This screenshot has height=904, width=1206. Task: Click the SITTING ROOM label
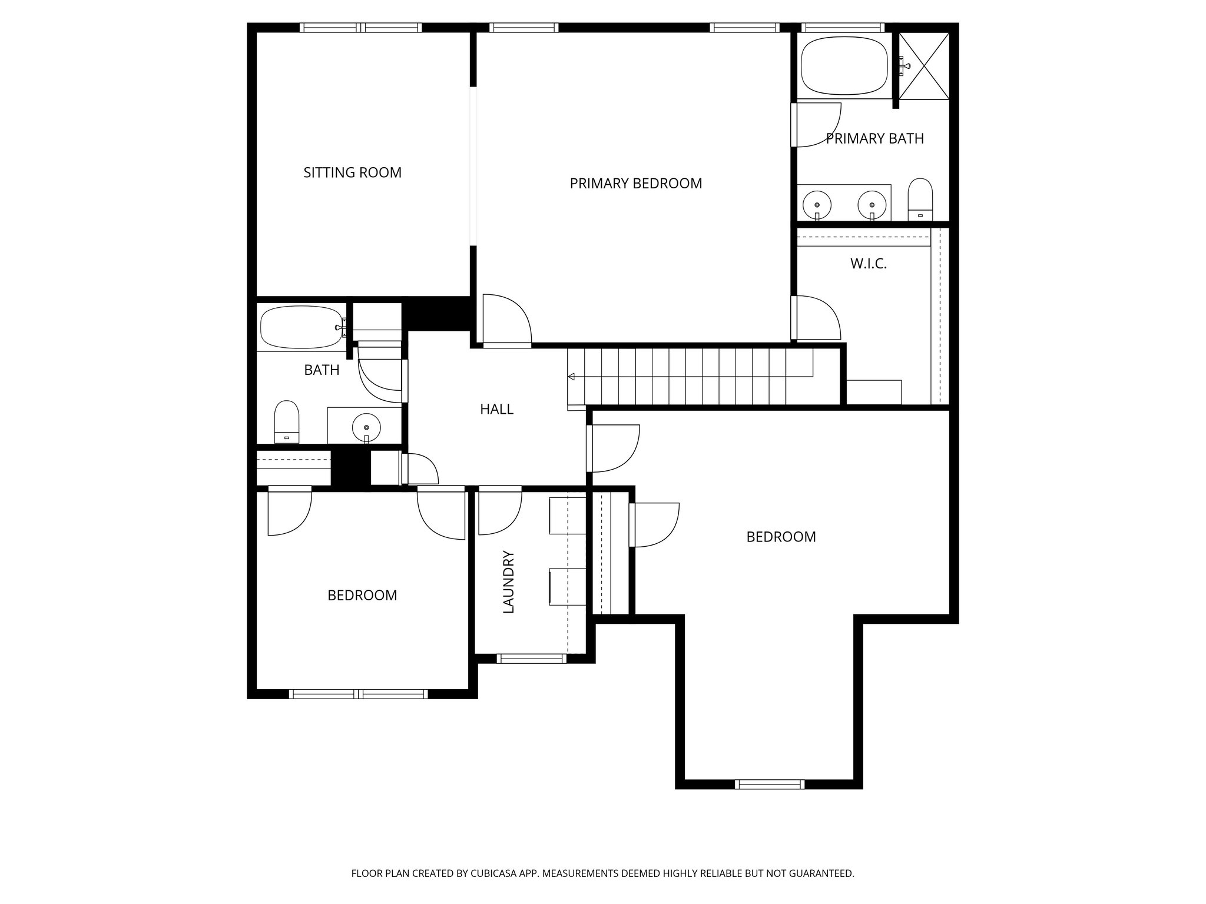[x=352, y=172]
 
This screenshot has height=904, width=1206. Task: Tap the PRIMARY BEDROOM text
[x=635, y=184]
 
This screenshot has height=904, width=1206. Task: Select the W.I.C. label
[x=868, y=264]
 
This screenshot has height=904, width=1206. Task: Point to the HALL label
[x=496, y=409]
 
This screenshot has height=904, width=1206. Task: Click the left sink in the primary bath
[x=817, y=204]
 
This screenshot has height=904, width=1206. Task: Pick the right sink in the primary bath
[x=872, y=204]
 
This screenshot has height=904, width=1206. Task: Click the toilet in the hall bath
[x=287, y=421]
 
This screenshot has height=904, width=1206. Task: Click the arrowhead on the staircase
[x=571, y=377]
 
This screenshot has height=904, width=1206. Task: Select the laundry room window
[x=531, y=659]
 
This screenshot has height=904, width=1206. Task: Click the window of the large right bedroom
[x=769, y=784]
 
